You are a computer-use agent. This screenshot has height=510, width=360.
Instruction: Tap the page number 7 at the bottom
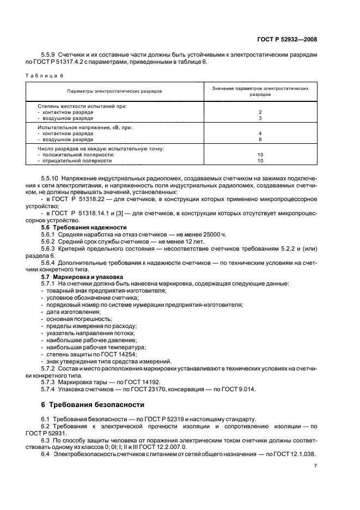315,466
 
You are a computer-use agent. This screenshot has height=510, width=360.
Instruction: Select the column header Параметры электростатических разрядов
114,92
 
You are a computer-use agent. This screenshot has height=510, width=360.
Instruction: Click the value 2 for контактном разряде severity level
260,112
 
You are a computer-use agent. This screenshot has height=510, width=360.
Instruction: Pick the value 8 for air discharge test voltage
260,139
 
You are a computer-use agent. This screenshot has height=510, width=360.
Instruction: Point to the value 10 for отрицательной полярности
260,161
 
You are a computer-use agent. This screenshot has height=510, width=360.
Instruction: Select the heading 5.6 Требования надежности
84,226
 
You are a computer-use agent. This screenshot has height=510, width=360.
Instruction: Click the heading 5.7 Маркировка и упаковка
82,277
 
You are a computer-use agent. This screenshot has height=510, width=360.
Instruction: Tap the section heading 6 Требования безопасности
93,405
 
